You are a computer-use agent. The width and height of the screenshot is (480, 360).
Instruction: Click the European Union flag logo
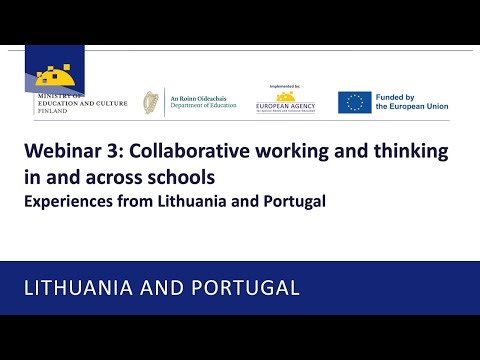click(354, 102)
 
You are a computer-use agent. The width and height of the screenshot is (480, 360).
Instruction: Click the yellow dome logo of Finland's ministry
click(58, 74)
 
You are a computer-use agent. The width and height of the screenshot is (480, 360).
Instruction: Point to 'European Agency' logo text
click(287, 103)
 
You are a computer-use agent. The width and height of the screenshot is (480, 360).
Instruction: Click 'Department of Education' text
click(203, 108)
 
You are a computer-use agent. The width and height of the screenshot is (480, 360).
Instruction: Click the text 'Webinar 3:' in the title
click(66, 153)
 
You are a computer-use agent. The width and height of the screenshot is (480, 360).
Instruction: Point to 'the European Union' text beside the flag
click(413, 108)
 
